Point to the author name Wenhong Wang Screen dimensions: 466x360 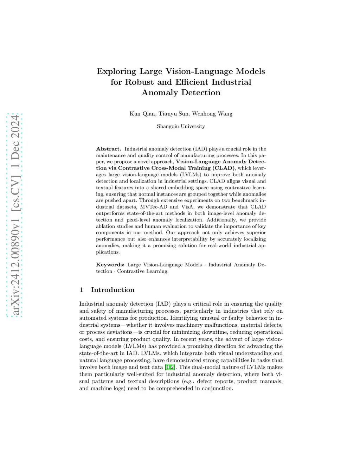212,114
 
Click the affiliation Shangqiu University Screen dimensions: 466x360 181,126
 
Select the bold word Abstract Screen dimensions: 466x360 108,149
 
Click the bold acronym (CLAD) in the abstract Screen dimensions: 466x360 224,168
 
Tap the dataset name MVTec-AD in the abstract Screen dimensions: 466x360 153,207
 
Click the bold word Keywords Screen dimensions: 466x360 110,264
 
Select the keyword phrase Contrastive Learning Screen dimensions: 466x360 143,271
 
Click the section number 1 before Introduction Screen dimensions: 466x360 81,290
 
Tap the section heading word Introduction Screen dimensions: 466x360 112,290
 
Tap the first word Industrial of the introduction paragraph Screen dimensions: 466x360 91,304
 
